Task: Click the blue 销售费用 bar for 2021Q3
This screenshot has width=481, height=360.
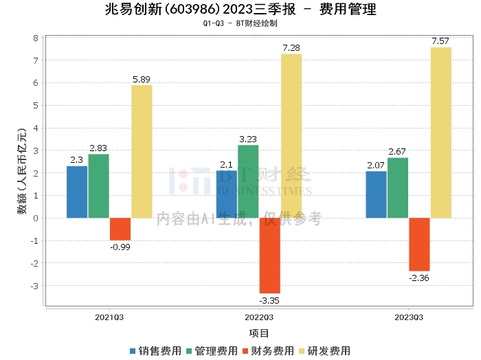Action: [77, 192]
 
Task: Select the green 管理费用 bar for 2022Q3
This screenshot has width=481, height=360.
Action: [248, 181]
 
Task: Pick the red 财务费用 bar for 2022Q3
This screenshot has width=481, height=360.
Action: [269, 256]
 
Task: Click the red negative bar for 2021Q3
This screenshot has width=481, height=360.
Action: [120, 229]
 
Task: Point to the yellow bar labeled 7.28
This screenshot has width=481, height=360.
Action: [291, 135]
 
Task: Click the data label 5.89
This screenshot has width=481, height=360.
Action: [142, 79]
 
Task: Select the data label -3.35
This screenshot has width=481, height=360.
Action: [269, 300]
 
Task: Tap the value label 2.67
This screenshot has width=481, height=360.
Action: [398, 151]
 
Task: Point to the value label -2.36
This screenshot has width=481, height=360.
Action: [419, 278]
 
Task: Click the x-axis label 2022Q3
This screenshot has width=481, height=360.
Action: [259, 317]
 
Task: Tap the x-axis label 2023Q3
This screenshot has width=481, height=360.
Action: [409, 317]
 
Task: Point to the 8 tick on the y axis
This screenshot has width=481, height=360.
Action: [36, 38]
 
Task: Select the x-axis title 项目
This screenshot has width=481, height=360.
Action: [259, 333]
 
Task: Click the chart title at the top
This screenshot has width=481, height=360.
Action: [240, 10]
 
